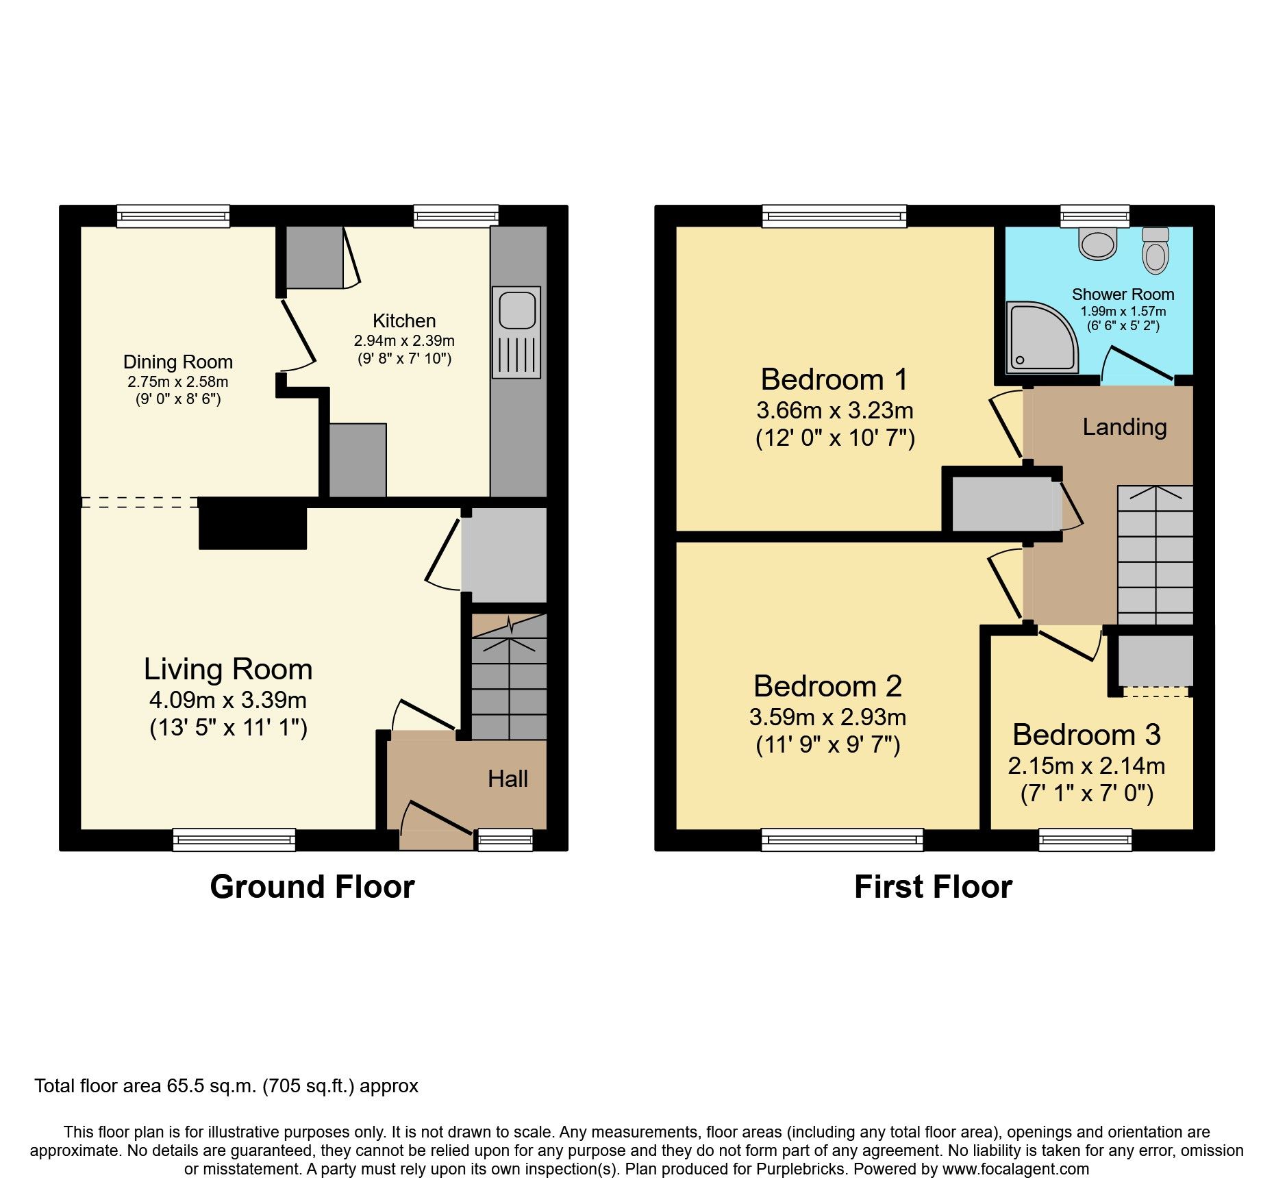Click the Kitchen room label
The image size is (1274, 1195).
tap(403, 320)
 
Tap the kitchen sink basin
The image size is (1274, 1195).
tap(516, 310)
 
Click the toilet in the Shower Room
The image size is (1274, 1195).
tap(1156, 251)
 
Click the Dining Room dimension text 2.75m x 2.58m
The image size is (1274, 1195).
tap(177, 382)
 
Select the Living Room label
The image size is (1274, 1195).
tap(228, 669)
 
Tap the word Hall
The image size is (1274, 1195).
tap(508, 779)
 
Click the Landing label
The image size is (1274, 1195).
tap(1124, 427)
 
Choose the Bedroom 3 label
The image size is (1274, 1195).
tap(1086, 735)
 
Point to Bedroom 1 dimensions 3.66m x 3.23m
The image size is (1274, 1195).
tap(834, 410)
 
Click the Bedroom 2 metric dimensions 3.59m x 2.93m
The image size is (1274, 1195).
tap(827, 717)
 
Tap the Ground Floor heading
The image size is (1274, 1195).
tap(312, 887)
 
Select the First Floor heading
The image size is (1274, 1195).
tap(933, 887)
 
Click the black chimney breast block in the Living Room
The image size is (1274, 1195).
tap(253, 524)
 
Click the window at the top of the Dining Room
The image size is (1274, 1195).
tap(173, 216)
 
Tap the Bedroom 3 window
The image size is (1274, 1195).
tap(1085, 839)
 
